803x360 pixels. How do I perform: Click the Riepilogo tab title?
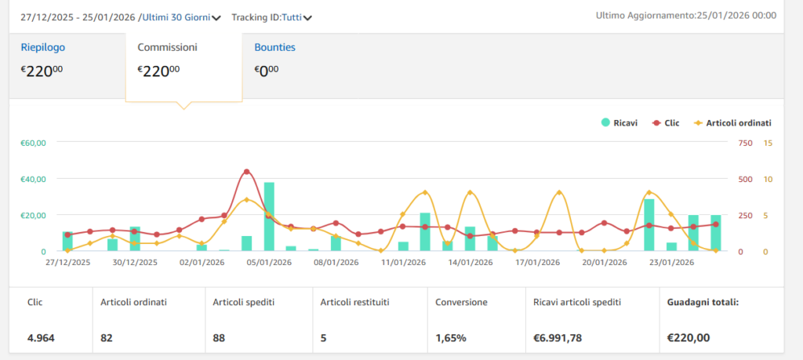point(42,47)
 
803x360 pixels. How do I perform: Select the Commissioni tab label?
point(167,47)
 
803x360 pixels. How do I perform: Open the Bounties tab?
point(274,47)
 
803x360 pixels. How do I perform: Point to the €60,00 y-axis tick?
point(34,143)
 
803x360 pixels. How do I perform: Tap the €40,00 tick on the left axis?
point(34,179)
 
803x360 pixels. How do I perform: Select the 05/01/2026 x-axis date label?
point(269,263)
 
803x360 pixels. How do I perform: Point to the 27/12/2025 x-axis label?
point(67,263)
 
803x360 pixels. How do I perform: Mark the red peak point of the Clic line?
point(247,171)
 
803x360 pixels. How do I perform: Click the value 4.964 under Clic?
point(41,338)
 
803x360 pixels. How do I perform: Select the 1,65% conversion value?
point(451,338)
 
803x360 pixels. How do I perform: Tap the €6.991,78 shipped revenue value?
point(558,338)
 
